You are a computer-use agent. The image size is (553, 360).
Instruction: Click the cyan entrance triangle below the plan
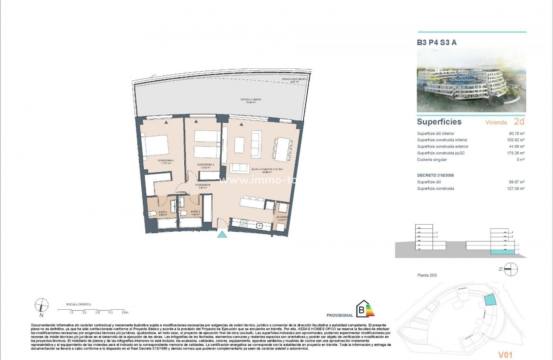coord(222,235)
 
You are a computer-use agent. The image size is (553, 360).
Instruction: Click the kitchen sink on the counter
coord(260,225)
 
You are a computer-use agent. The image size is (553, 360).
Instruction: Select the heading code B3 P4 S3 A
coord(436,42)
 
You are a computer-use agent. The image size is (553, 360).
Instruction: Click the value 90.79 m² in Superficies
coord(517,134)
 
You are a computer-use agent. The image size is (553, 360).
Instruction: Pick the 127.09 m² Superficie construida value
coord(516,189)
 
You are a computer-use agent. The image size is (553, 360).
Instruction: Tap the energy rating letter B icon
coord(361,310)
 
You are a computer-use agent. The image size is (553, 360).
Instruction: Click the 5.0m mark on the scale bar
coord(125,313)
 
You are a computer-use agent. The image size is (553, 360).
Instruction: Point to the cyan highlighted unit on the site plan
coord(489,300)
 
